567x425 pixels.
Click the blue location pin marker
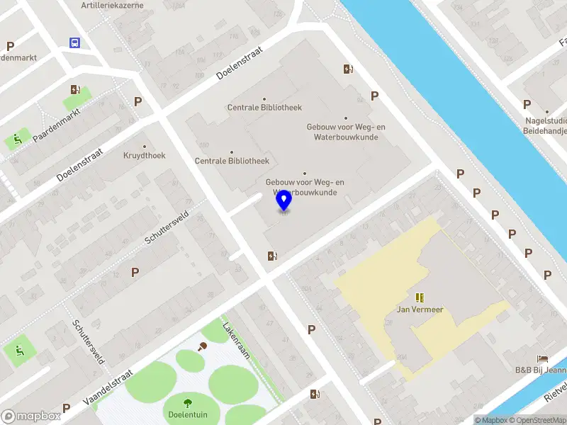coord(283,200)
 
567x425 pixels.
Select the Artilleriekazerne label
coord(112,5)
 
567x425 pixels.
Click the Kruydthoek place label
coord(145,155)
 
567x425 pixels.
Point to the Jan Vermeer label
coord(420,309)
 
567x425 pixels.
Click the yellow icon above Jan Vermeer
coord(420,297)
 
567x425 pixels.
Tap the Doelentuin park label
coord(188,414)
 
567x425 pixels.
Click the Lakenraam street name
coord(236,341)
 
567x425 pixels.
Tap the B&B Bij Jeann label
coord(540,369)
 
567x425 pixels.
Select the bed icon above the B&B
coord(543,358)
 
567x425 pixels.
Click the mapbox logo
coord(30,416)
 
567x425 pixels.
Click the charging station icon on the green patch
coord(75,89)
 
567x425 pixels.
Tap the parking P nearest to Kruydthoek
coord(138,101)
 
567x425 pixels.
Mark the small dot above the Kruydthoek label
coord(145,146)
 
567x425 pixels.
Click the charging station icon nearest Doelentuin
coord(314,394)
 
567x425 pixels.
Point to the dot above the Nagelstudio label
coord(547,111)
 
